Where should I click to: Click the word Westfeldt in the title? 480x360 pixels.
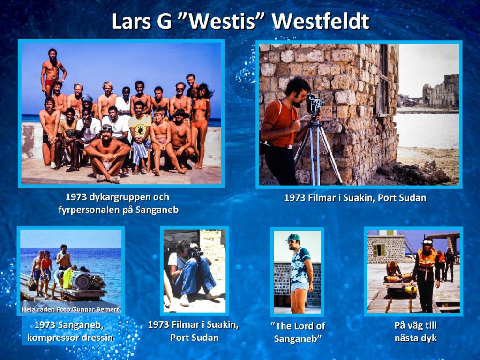pyautogui.click(x=321, y=21)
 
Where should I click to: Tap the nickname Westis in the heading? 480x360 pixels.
pyautogui.click(x=223, y=21)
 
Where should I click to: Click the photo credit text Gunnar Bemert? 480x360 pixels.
pyautogui.click(x=96, y=309)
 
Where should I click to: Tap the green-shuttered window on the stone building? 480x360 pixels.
pyautogui.click(x=379, y=250)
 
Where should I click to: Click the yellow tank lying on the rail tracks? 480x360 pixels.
pyautogui.click(x=409, y=289)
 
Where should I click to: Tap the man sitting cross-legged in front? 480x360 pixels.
pyautogui.click(x=107, y=154)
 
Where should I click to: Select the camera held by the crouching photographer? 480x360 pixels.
pyautogui.click(x=195, y=252)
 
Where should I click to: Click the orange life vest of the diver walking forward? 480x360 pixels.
pyautogui.click(x=427, y=257)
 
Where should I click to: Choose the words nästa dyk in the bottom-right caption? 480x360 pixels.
pyautogui.click(x=415, y=338)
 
